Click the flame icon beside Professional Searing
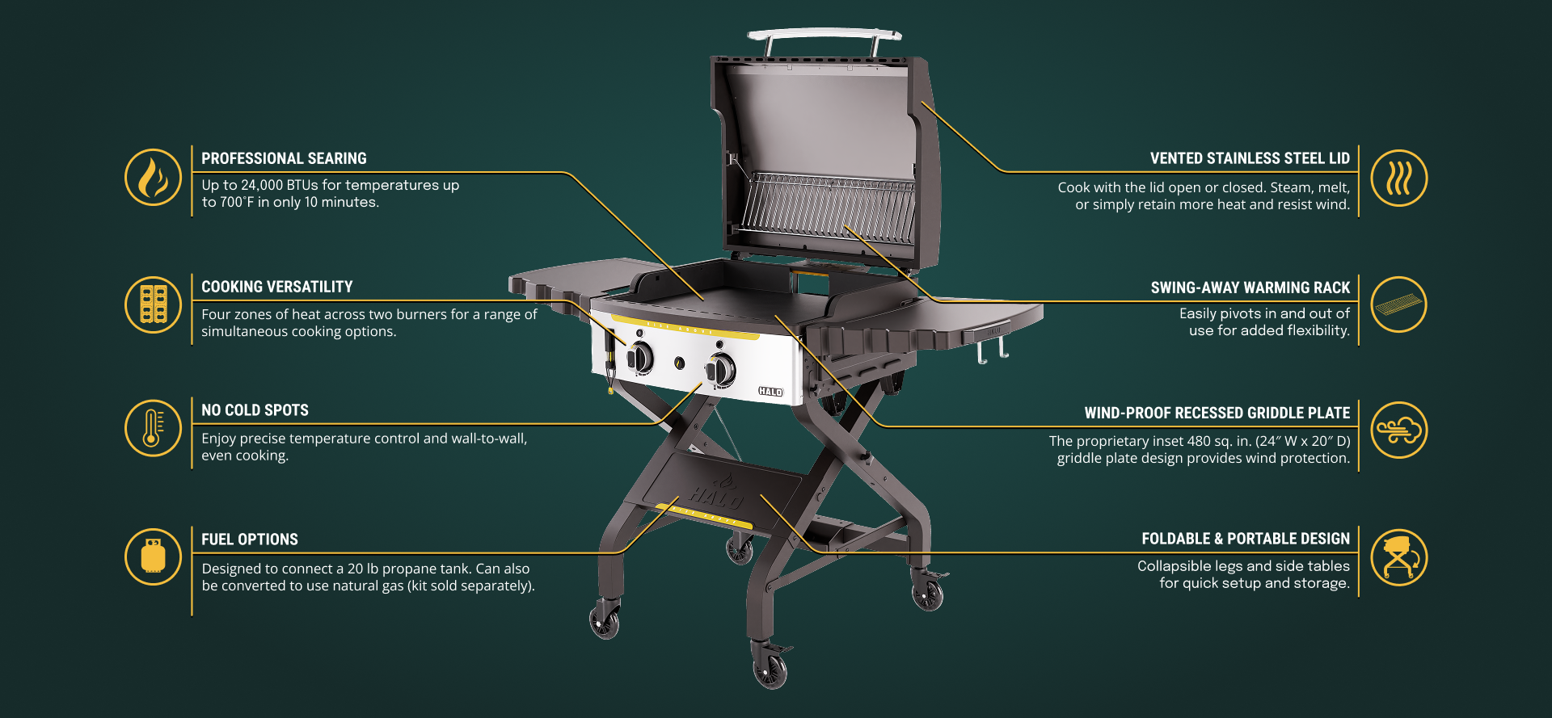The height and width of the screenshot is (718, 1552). [x=153, y=177]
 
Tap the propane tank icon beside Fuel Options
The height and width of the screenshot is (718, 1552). [x=153, y=556]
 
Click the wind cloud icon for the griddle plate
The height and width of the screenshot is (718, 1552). [x=1399, y=430]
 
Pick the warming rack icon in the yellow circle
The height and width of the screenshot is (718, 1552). [x=1399, y=304]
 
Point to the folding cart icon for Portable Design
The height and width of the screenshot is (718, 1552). [x=1399, y=557]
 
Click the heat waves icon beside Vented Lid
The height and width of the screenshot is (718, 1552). [x=1399, y=178]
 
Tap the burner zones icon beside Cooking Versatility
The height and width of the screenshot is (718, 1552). [x=153, y=304]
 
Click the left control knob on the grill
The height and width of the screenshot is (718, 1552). [x=639, y=357]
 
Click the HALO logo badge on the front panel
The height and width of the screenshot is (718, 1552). [x=770, y=392]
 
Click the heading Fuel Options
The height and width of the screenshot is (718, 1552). [x=250, y=540]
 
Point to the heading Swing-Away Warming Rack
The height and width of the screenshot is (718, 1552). [x=1250, y=288]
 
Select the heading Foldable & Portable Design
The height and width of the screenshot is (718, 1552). [x=1246, y=539]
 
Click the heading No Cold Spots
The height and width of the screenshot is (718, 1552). [x=255, y=410]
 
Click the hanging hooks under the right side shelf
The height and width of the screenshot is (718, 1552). [x=993, y=350]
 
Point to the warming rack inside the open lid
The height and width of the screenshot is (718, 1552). [x=829, y=206]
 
